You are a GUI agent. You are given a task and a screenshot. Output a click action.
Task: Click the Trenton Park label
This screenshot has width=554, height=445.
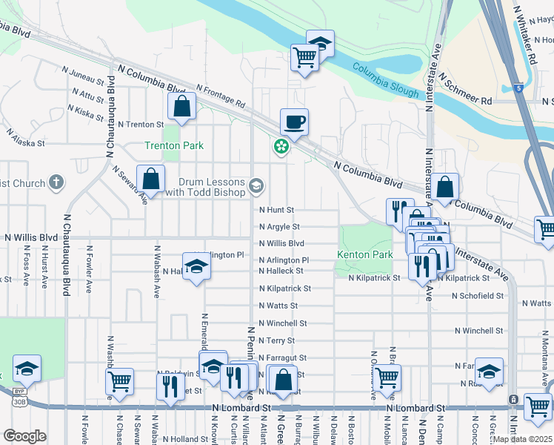173,146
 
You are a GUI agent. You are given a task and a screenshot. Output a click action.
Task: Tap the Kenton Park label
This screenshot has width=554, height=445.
364,254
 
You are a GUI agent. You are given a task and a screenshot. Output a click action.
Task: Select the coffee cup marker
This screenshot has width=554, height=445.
294,122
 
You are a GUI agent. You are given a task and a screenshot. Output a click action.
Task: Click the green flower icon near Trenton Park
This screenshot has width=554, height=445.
281,147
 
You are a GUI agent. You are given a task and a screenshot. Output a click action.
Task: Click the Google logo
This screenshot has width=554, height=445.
24,435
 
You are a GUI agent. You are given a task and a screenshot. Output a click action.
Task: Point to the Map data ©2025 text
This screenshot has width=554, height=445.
523,439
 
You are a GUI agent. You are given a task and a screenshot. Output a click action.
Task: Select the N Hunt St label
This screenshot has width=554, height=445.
276,211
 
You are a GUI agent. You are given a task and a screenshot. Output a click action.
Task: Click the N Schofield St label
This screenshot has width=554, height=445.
478,295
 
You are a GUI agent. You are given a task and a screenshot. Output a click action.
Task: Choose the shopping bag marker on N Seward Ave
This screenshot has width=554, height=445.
150,179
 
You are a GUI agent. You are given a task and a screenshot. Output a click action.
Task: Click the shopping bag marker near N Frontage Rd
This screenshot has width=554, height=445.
181,107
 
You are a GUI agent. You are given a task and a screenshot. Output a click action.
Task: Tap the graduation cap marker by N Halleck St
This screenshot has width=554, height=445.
196,266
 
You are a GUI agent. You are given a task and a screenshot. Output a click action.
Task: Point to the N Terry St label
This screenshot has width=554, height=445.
276,340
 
